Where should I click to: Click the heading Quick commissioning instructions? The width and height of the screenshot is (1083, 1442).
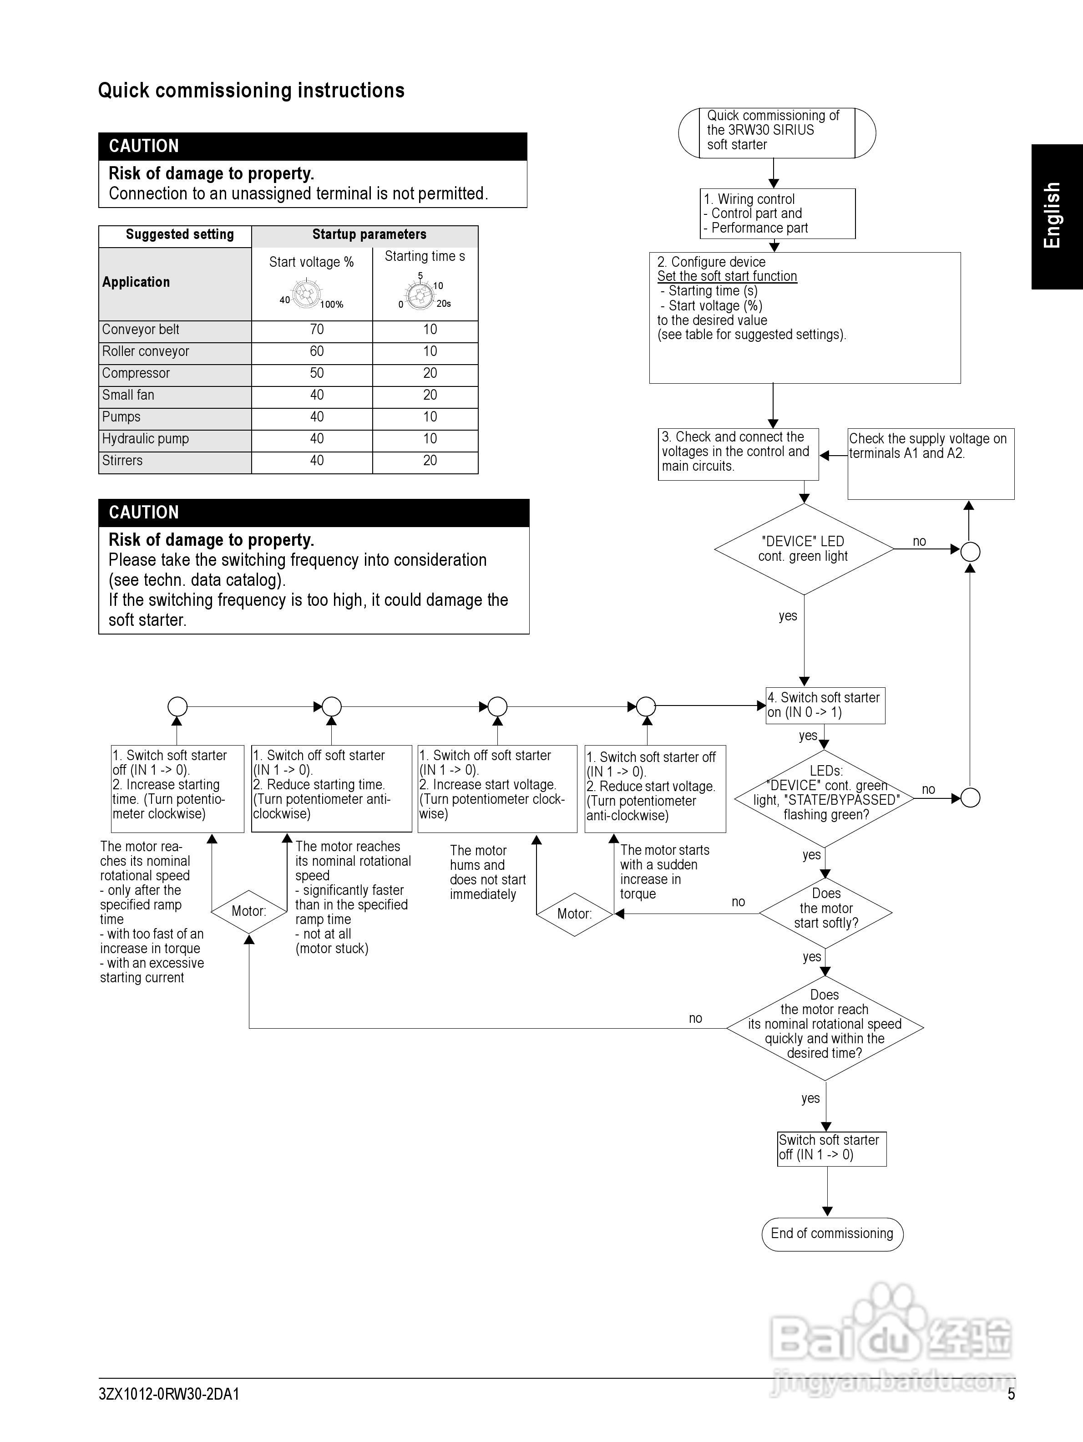251,91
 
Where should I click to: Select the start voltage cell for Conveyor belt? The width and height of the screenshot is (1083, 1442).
317,330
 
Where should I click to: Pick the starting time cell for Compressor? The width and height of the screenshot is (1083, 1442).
430,374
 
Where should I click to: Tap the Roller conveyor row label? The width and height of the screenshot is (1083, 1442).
145,351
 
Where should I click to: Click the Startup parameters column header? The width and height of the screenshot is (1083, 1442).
369,235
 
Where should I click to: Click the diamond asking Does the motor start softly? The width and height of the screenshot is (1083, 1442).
825,908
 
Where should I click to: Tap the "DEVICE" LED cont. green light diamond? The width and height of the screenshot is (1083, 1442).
804,549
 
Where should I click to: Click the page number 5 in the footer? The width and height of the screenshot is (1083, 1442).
1011,1394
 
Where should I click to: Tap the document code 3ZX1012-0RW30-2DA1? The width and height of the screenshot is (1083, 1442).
169,1394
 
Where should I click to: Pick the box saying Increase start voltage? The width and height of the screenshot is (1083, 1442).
496,788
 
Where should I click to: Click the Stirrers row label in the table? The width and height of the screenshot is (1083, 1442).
122,461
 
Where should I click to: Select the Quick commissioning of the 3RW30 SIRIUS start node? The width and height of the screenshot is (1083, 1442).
776,132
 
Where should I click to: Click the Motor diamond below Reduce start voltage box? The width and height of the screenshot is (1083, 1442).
574,914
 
